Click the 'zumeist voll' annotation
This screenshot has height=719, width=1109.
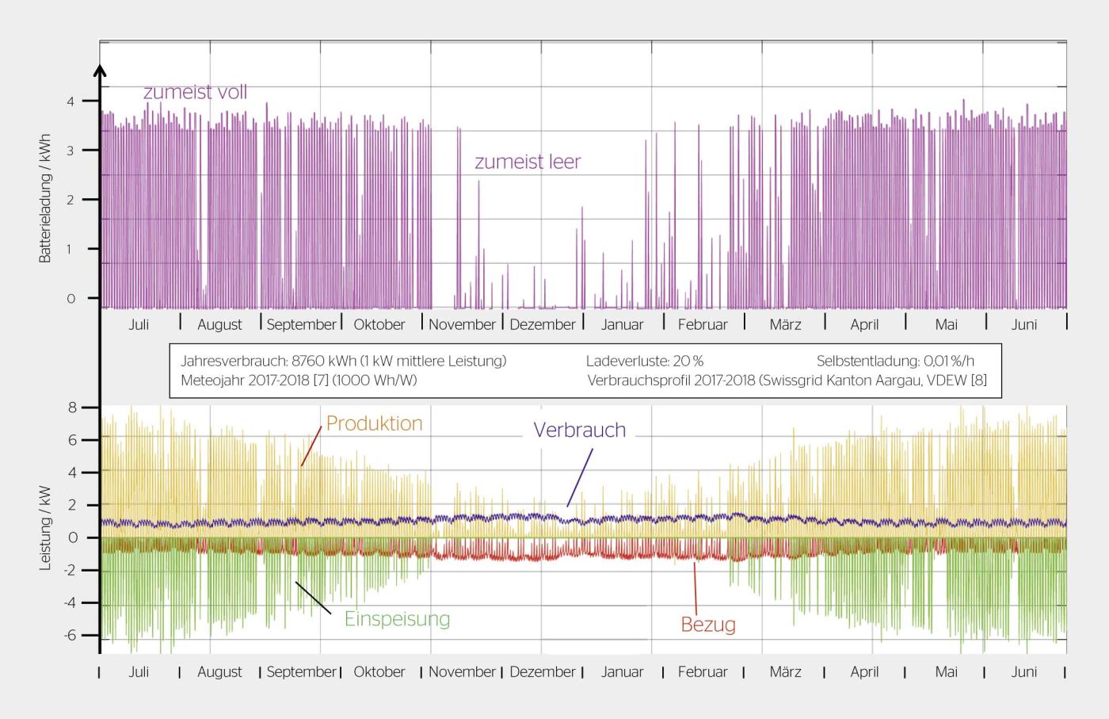(195, 92)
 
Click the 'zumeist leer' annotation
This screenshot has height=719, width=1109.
(528, 162)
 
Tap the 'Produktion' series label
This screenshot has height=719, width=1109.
(374, 423)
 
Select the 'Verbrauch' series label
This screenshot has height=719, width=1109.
(579, 430)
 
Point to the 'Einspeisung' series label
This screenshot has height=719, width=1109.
(397, 618)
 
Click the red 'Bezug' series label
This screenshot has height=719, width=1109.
(708, 625)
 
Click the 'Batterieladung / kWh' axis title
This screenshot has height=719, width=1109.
(45, 198)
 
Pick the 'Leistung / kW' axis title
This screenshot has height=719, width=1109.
(45, 528)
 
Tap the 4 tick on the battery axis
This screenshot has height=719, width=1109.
(71, 101)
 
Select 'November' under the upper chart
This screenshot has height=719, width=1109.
(462, 324)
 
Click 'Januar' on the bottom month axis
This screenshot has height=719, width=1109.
(622, 671)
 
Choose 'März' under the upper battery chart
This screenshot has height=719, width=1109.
(785, 324)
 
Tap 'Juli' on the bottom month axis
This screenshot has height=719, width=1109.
(139, 671)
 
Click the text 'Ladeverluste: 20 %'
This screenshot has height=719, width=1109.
(644, 361)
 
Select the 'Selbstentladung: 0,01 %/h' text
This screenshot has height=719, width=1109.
(895, 361)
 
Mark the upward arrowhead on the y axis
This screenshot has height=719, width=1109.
(100, 71)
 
